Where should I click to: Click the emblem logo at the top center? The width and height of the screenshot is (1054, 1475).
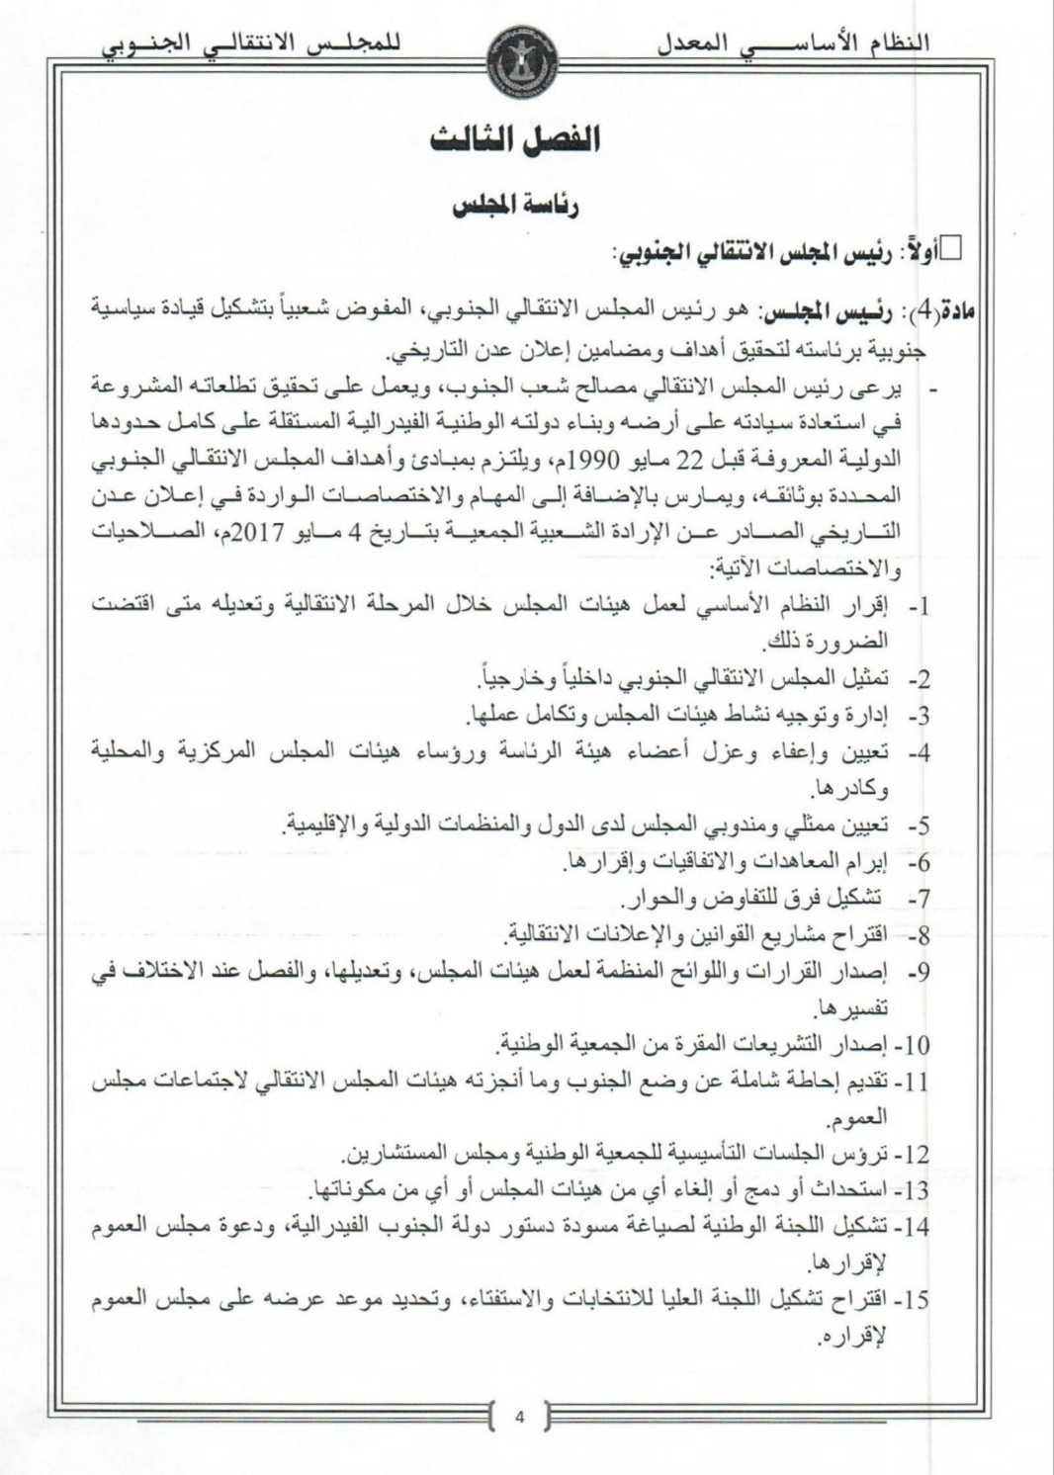click(x=522, y=57)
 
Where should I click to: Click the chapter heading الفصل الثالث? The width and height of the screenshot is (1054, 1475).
click(x=515, y=139)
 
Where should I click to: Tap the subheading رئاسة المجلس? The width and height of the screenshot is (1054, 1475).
click(x=515, y=206)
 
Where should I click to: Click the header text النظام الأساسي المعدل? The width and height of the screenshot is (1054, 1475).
click(x=794, y=43)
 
